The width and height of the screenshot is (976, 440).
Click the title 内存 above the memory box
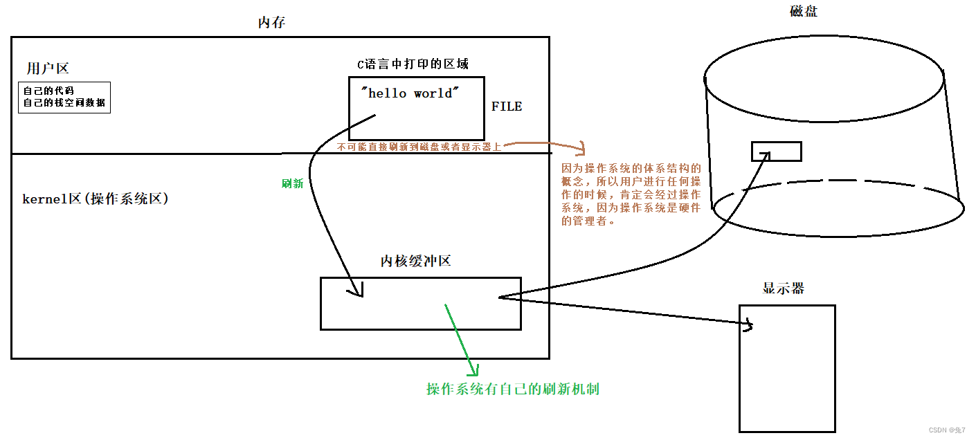[271, 23]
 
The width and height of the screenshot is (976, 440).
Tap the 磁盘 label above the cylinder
[804, 11]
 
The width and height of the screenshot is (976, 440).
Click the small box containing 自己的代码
[64, 97]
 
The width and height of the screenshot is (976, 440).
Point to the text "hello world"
[410, 93]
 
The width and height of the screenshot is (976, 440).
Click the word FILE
[507, 107]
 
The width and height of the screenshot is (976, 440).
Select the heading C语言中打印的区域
[413, 64]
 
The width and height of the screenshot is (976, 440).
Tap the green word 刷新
[292, 183]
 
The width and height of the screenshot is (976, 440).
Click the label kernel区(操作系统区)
[96, 199]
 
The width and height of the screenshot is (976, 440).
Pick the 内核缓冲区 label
[415, 261]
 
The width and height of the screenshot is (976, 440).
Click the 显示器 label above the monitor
[784, 288]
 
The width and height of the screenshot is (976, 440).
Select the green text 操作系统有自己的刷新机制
[513, 389]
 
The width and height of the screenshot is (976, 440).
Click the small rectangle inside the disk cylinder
[777, 151]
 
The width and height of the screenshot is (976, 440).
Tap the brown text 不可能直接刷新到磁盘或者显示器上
[419, 147]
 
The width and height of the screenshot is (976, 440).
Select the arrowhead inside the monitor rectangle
[748, 325]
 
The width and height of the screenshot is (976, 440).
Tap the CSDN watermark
[946, 430]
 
